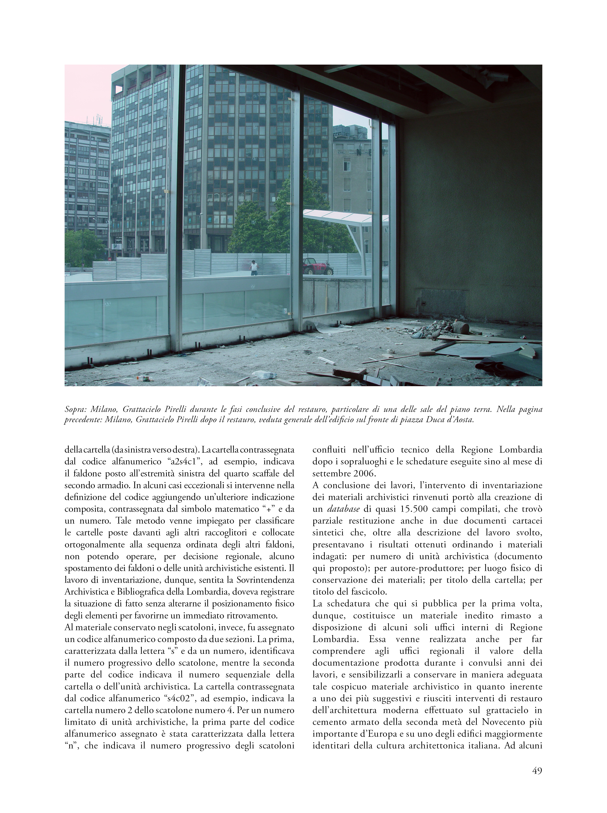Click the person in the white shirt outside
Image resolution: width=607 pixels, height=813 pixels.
point(253,267)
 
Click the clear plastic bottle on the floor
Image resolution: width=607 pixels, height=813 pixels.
point(264,375)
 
